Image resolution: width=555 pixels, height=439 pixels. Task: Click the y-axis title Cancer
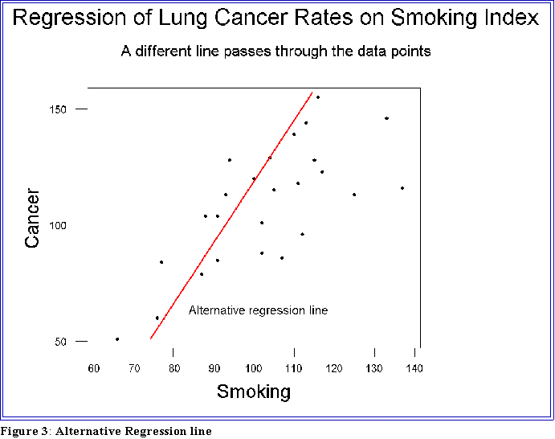pyautogui.click(x=32, y=218)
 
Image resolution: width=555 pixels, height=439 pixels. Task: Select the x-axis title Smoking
pyautogui.click(x=253, y=392)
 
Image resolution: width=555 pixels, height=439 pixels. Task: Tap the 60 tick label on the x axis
pyautogui.click(x=94, y=368)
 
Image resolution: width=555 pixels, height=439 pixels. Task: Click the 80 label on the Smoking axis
pyautogui.click(x=174, y=368)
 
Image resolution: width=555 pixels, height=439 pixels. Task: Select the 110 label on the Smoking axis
pyautogui.click(x=294, y=368)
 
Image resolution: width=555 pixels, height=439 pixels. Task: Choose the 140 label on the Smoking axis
pyautogui.click(x=414, y=368)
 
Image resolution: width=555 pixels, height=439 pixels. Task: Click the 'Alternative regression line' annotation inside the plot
pyautogui.click(x=258, y=310)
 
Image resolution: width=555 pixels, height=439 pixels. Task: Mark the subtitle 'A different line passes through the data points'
pyautogui.click(x=276, y=51)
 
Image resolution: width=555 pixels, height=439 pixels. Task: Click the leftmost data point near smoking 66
pyautogui.click(x=117, y=339)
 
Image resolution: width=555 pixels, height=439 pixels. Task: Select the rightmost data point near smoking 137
pyautogui.click(x=402, y=188)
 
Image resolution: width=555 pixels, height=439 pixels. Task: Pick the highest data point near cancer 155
pyautogui.click(x=318, y=97)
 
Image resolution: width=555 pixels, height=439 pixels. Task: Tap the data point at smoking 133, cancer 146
pyautogui.click(x=386, y=118)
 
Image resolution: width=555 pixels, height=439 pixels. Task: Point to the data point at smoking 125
pyautogui.click(x=354, y=195)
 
